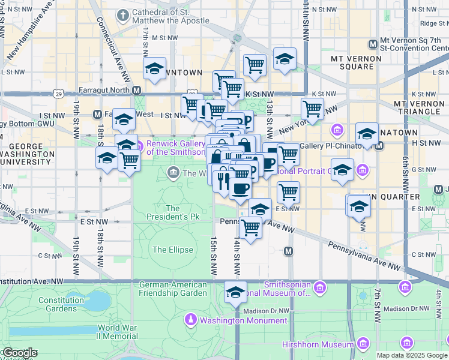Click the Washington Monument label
[243, 320]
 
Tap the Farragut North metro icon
[137, 91]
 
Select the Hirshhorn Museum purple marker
[363, 344]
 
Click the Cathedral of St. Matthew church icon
[123, 15]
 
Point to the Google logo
[20, 353]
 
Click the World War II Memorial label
[118, 332]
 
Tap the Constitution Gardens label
[61, 304]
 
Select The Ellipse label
[173, 250]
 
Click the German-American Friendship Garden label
[173, 289]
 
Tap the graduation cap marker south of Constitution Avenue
[235, 292]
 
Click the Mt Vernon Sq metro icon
[373, 44]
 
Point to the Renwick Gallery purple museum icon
[139, 145]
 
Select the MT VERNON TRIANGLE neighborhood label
[419, 108]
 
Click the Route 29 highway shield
[58, 94]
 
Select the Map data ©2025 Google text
[412, 355]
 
